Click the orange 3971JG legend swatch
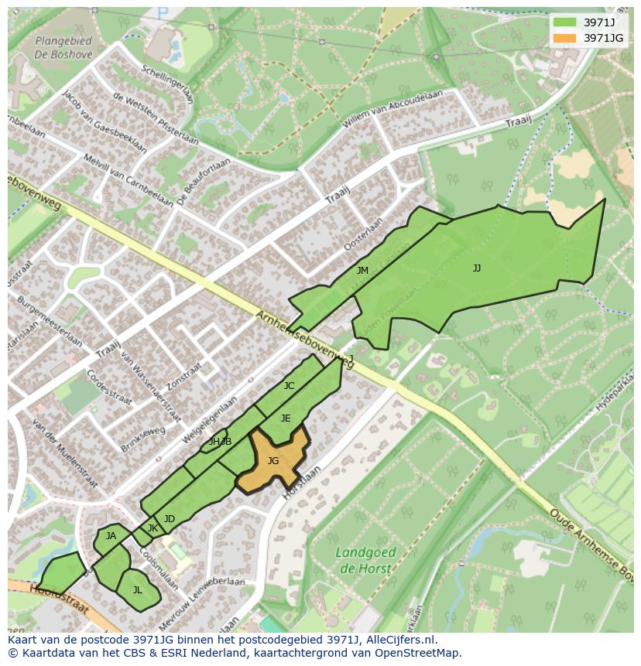pyautogui.click(x=565, y=38)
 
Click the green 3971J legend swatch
pyautogui.click(x=565, y=22)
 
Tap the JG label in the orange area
pyautogui.click(x=273, y=461)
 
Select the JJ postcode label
pyautogui.click(x=477, y=268)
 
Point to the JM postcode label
pyautogui.click(x=362, y=271)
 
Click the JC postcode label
pyautogui.click(x=289, y=386)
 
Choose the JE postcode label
pyautogui.click(x=286, y=418)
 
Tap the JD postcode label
pyautogui.click(x=170, y=519)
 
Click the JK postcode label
pyautogui.click(x=153, y=528)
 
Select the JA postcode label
pyautogui.click(x=111, y=536)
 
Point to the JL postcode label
pyautogui.click(x=137, y=590)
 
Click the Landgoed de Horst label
pyautogui.click(x=366, y=561)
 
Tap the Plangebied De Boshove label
pyautogui.click(x=63, y=48)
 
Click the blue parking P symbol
pyautogui.click(x=162, y=13)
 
